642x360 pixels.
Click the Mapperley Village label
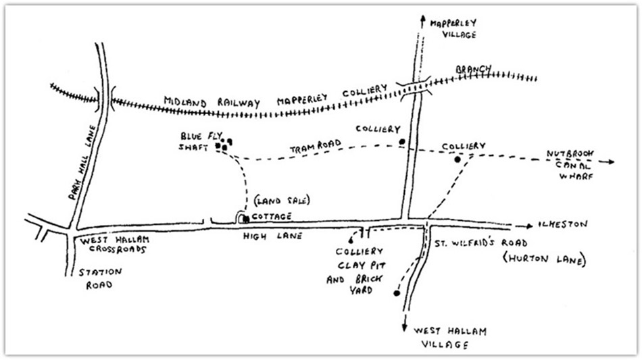(453, 28)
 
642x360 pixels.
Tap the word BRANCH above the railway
(473, 69)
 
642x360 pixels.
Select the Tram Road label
(316, 146)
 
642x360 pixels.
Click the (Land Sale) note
(282, 201)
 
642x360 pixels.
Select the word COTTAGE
(272, 216)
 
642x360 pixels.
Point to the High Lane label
(272, 236)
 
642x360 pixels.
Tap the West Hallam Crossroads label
(114, 245)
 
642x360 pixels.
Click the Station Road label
(100, 278)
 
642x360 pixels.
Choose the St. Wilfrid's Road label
(480, 243)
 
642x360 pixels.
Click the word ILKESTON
(564, 224)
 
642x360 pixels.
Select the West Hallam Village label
(449, 338)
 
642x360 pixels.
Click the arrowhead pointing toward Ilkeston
(530, 226)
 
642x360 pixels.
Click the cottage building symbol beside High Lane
(246, 220)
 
